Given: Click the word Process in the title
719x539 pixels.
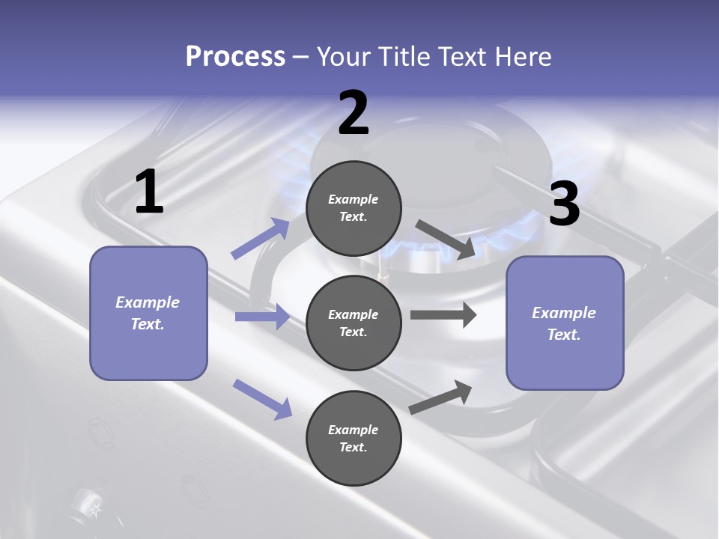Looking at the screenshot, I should click(235, 57).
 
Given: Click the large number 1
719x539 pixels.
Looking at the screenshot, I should click(149, 192).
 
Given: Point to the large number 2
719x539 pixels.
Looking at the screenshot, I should click(354, 113).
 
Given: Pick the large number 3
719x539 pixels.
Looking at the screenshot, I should click(564, 204).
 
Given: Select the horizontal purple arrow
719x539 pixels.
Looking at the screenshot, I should click(262, 317).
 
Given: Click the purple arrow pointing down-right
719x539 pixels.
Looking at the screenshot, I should click(262, 398).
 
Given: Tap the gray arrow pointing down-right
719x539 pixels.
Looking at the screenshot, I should click(445, 240).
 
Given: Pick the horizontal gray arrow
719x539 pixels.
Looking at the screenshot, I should click(443, 314).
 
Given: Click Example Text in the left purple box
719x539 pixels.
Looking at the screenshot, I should click(148, 313).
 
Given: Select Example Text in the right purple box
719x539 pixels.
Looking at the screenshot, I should click(564, 323).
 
